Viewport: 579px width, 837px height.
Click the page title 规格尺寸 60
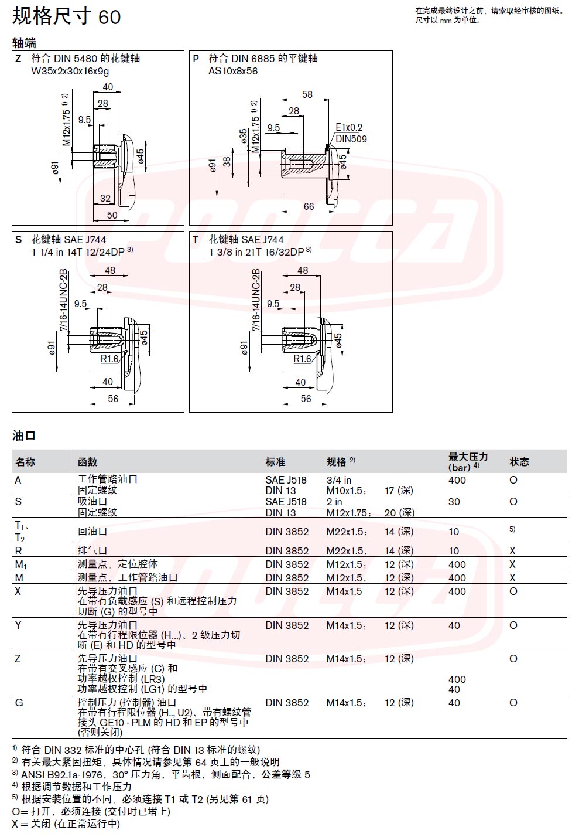[67, 16]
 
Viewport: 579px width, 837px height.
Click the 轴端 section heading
[24, 43]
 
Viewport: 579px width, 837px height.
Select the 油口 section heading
[24, 435]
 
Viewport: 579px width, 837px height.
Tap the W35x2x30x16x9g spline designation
[70, 71]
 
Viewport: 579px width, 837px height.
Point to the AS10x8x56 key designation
[233, 71]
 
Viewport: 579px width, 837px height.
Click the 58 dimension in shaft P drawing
[307, 94]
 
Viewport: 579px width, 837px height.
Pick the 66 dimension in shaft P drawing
[309, 206]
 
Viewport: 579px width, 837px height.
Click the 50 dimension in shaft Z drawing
[112, 215]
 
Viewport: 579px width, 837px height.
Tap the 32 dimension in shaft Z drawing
[105, 198]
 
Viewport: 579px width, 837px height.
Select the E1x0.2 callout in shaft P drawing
[349, 127]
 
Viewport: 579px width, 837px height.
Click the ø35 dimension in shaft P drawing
[244, 137]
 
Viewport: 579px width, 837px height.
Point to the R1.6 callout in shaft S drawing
[109, 359]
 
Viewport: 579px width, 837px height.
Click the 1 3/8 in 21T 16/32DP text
[256, 252]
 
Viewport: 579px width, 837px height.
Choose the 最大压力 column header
[468, 457]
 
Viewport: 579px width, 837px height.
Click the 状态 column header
[519, 462]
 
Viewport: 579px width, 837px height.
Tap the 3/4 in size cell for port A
[338, 480]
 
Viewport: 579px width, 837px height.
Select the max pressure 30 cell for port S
[454, 502]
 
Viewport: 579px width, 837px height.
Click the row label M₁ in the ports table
[20, 564]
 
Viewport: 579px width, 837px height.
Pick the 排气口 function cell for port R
[92, 550]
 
